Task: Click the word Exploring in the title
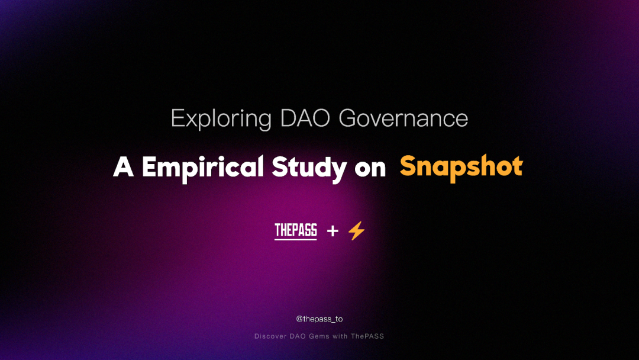(221, 119)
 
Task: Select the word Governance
(403, 118)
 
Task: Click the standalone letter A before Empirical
(123, 167)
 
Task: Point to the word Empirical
(203, 168)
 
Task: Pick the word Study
(309, 168)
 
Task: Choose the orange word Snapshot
(461, 168)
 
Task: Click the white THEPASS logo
(295, 230)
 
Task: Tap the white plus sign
(333, 231)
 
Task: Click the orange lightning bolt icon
(356, 231)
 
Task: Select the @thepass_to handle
(319, 319)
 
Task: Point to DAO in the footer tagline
(298, 336)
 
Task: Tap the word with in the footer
(340, 336)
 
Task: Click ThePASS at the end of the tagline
(367, 336)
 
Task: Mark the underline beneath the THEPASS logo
(295, 239)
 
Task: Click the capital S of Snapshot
(409, 166)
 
